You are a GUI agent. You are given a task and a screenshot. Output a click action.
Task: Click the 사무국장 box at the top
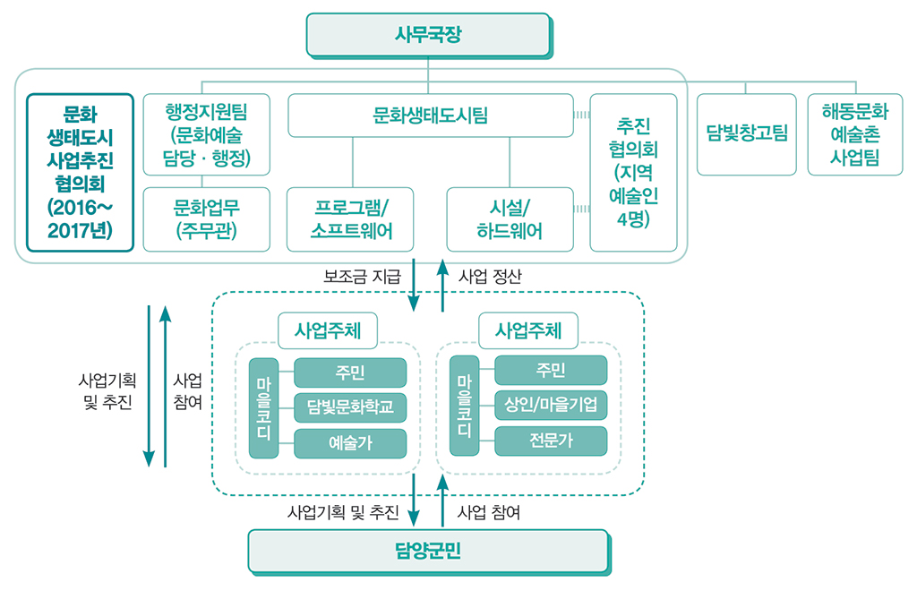click(x=428, y=34)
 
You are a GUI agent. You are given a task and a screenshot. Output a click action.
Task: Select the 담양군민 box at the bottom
click(x=428, y=550)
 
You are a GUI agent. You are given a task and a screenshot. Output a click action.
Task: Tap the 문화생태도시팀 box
click(x=430, y=116)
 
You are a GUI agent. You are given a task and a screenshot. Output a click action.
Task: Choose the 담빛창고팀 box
click(x=746, y=134)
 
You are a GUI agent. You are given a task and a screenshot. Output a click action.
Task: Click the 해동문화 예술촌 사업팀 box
click(x=854, y=134)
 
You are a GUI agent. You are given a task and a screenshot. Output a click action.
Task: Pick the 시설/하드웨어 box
click(x=510, y=218)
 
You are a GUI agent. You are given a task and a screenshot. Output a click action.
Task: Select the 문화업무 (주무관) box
click(x=206, y=218)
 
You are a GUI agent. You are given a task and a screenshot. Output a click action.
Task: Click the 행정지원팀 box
click(x=206, y=134)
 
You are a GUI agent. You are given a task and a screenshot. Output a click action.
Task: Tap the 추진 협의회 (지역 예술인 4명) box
click(x=633, y=172)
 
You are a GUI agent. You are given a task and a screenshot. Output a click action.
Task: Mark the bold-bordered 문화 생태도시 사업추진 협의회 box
click(x=80, y=172)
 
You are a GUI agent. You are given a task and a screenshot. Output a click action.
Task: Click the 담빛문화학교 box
click(x=350, y=407)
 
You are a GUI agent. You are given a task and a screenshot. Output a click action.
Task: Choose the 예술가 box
click(x=350, y=442)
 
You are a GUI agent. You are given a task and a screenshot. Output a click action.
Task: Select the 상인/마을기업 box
click(x=551, y=406)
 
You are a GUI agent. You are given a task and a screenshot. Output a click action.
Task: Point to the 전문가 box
click(x=551, y=441)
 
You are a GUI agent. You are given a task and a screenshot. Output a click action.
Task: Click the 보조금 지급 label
click(x=362, y=276)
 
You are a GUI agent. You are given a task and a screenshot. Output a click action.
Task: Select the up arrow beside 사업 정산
click(x=441, y=285)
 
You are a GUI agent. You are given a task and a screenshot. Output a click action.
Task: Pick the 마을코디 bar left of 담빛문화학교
click(x=263, y=407)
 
